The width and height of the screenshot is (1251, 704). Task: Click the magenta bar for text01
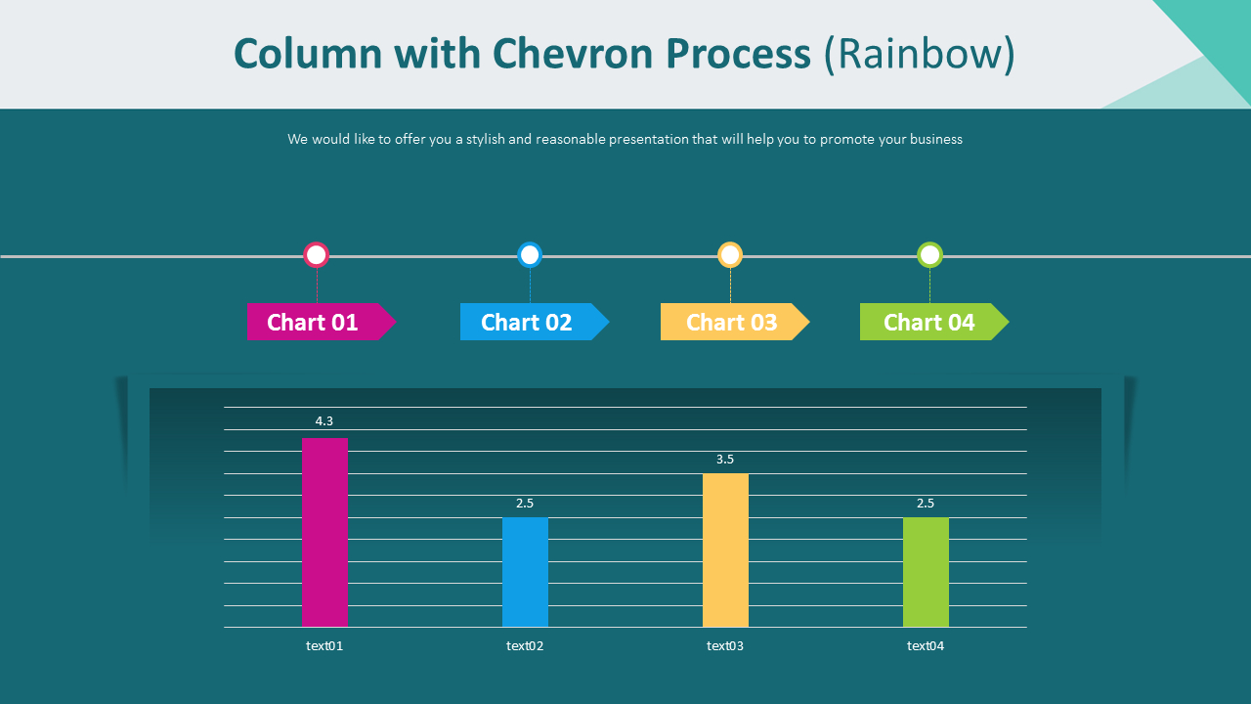click(325, 533)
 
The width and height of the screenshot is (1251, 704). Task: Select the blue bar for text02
click(525, 572)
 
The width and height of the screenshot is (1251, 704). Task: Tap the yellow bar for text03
click(725, 550)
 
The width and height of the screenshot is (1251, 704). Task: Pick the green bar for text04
click(926, 572)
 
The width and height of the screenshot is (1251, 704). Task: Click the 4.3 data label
click(324, 420)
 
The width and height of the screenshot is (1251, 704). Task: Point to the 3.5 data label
click(725, 460)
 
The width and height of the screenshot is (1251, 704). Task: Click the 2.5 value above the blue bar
click(525, 504)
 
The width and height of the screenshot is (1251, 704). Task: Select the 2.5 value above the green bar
click(926, 504)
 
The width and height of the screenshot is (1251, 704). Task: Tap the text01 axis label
click(324, 646)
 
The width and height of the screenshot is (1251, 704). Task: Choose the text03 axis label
click(725, 646)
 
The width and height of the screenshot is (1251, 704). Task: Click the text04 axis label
click(926, 646)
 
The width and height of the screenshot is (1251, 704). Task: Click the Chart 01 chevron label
click(322, 322)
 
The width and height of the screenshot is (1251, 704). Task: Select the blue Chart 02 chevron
click(535, 322)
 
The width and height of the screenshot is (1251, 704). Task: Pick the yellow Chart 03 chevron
click(735, 322)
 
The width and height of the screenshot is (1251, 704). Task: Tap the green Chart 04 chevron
click(934, 322)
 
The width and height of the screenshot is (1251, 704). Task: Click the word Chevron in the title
click(573, 54)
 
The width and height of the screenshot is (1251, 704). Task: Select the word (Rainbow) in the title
click(920, 55)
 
